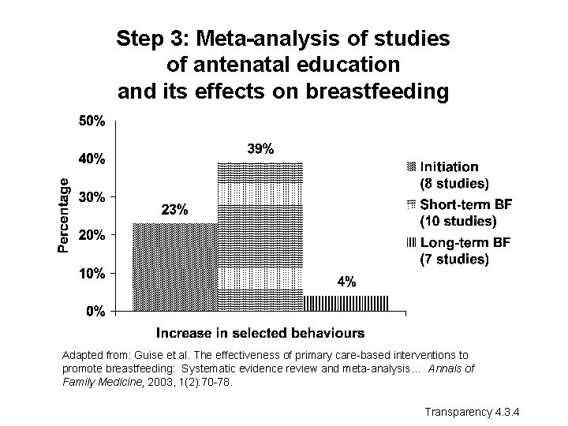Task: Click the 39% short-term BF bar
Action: pyautogui.click(x=260, y=237)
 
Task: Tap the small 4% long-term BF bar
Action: pyautogui.click(x=346, y=303)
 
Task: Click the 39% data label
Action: pyautogui.click(x=261, y=148)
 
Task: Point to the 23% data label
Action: pyautogui.click(x=174, y=210)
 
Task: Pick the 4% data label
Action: pyautogui.click(x=346, y=282)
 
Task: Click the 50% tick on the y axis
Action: pyautogui.click(x=92, y=121)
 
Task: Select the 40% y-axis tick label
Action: pyautogui.click(x=92, y=159)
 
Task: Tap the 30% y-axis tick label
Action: pyautogui.click(x=92, y=197)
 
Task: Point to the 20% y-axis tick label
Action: pyautogui.click(x=92, y=235)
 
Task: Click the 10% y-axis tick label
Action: pyautogui.click(x=92, y=274)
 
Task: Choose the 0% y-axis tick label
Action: pyautogui.click(x=95, y=312)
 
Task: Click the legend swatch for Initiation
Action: pyautogui.click(x=409, y=167)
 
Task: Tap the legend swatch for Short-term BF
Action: pyautogui.click(x=409, y=204)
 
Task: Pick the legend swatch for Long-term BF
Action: pyautogui.click(x=409, y=241)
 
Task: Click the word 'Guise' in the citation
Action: pyautogui.click(x=143, y=355)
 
